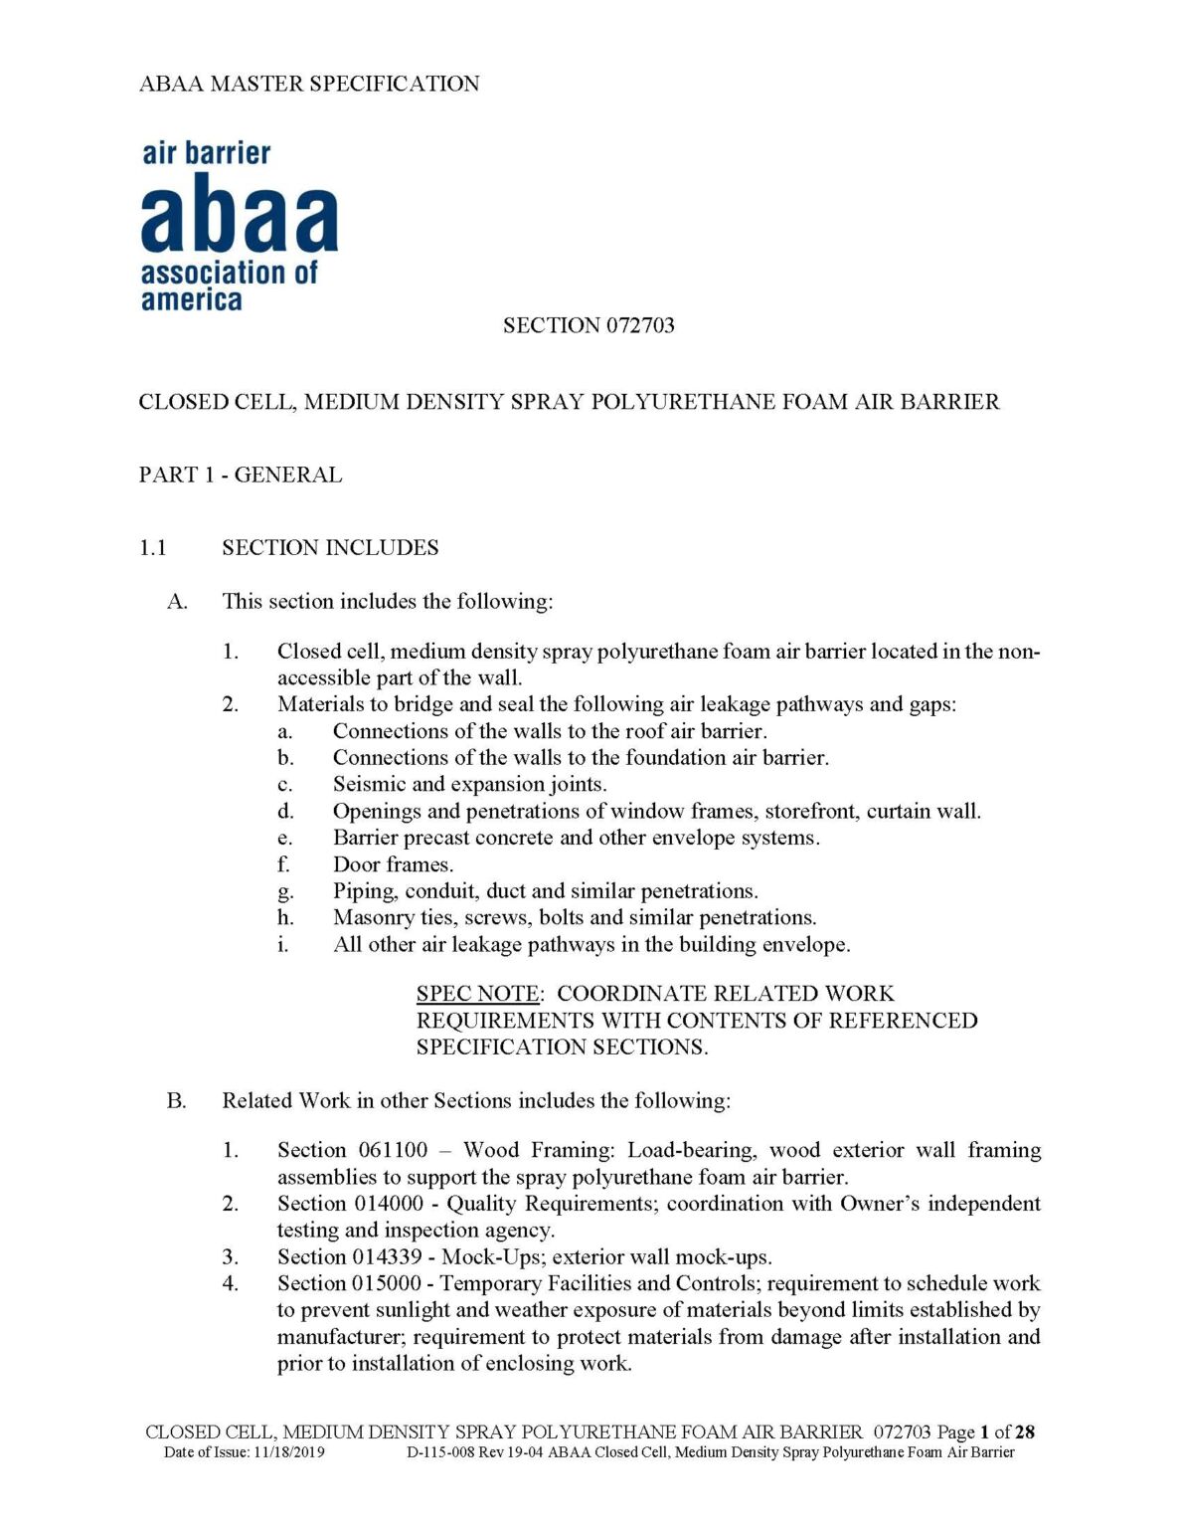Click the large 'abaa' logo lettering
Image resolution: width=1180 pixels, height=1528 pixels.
click(x=240, y=214)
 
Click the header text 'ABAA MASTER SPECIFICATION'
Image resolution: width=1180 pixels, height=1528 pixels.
click(x=309, y=84)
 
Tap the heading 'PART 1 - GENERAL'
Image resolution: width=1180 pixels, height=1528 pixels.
click(x=241, y=475)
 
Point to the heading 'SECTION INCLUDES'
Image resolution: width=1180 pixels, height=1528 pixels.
click(x=330, y=547)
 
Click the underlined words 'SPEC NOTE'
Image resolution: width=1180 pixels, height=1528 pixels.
click(x=478, y=994)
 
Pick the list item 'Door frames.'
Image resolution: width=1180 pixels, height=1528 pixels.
click(x=393, y=864)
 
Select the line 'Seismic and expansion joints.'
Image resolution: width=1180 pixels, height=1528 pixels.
click(x=469, y=784)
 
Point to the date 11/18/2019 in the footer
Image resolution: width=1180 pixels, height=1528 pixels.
click(x=288, y=1452)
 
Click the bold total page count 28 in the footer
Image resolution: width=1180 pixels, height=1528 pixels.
click(x=1025, y=1432)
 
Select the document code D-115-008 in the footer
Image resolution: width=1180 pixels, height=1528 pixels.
click(x=440, y=1452)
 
